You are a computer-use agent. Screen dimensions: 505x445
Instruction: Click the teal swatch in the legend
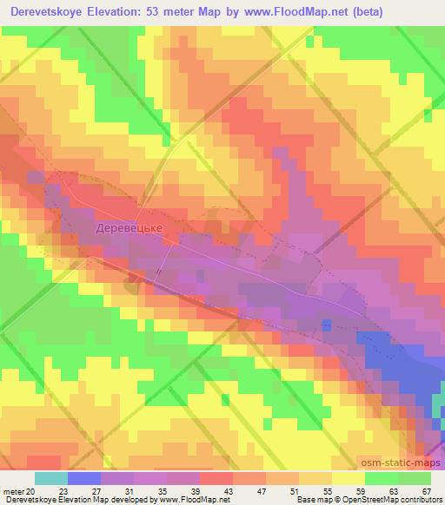tap(51, 478)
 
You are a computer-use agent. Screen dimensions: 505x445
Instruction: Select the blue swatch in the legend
tap(84, 478)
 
